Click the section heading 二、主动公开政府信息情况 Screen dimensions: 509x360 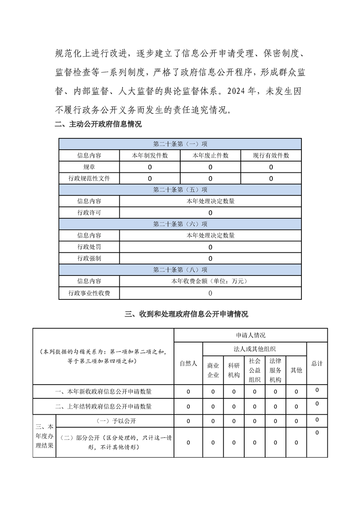point(98,125)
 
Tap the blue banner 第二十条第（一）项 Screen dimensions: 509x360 point(180,144)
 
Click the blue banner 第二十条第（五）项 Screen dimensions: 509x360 point(180,190)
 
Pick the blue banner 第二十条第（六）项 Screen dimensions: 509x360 point(180,224)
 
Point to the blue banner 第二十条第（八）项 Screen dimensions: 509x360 point(180,270)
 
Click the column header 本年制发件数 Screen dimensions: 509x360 point(150,156)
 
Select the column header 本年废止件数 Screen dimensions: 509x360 point(210,156)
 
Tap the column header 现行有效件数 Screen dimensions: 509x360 point(271,156)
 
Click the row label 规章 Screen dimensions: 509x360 point(89,167)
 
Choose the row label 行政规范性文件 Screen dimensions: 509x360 point(89,178)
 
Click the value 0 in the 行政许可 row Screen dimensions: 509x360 point(210,213)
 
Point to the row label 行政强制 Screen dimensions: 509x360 point(89,259)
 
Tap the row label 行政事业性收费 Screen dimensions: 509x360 point(89,293)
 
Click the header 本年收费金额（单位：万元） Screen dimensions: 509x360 point(210,281)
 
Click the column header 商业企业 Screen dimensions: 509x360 point(213,370)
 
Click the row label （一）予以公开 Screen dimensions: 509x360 point(114,421)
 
